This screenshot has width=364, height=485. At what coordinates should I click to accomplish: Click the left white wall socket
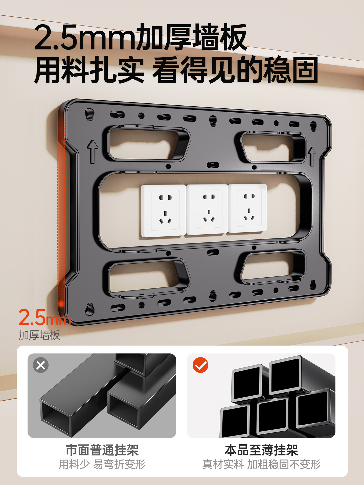coord(164,211)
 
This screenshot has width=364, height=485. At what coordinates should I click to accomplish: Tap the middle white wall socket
coord(207,209)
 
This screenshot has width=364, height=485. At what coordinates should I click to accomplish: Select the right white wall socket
coord(247,208)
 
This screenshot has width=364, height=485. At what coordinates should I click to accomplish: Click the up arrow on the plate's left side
coord(93,151)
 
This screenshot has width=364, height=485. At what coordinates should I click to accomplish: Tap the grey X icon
coord(41,365)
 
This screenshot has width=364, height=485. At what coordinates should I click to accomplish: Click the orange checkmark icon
coord(200,365)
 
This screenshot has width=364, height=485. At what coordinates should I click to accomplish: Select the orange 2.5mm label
coord(44,318)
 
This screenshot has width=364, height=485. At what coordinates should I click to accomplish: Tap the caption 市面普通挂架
coord(102,450)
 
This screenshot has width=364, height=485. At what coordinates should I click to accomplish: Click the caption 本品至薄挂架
coord(261,450)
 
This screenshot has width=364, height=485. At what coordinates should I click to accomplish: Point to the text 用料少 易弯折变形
coord(102,464)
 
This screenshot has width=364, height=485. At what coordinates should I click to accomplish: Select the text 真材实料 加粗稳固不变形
coord(261,464)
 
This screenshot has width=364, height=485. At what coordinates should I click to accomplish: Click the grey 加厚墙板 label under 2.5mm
coord(39,335)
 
